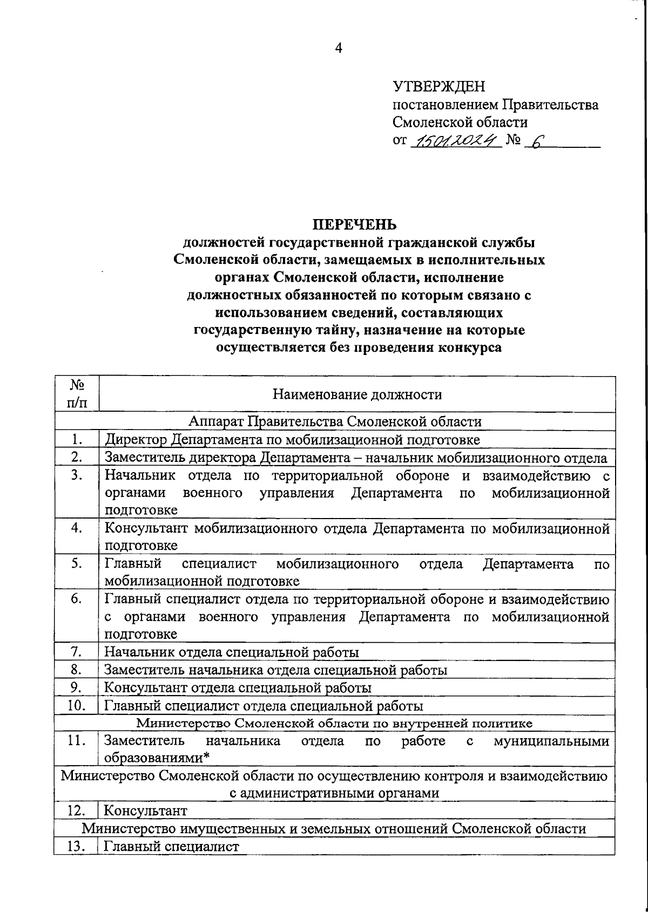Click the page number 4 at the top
pyautogui.click(x=339, y=49)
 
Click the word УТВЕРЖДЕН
pyautogui.click(x=438, y=86)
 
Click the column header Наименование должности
pyautogui.click(x=357, y=394)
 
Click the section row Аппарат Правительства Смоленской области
pyautogui.click(x=335, y=421)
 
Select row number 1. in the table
pyautogui.click(x=76, y=440)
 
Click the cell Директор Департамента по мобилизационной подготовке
pyautogui.click(x=292, y=440)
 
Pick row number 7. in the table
pyautogui.click(x=76, y=652)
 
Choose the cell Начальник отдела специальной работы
pyautogui.click(x=231, y=652)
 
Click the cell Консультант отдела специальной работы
pyautogui.click(x=238, y=688)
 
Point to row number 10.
pyautogui.click(x=76, y=705)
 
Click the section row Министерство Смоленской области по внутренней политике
pyautogui.click(x=334, y=723)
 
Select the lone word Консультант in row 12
pyautogui.click(x=145, y=810)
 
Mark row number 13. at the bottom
pyautogui.click(x=76, y=846)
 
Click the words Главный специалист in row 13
pyautogui.click(x=171, y=846)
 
